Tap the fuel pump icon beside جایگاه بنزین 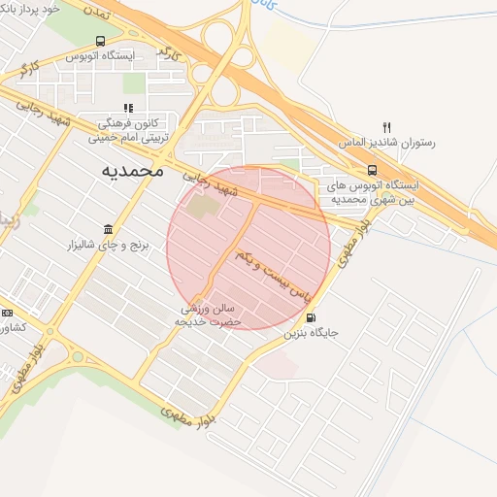pos(310,317)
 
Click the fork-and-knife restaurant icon pos(386,127)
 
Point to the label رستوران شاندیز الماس pos(386,143)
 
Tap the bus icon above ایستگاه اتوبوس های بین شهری pos(372,169)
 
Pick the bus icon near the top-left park pos(100,42)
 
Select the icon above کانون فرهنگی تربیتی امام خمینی pos(127,109)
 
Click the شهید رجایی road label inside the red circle pos(213,182)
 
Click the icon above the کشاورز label pos(7,313)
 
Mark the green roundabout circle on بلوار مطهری pos(77,355)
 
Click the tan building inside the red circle pos(202,207)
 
